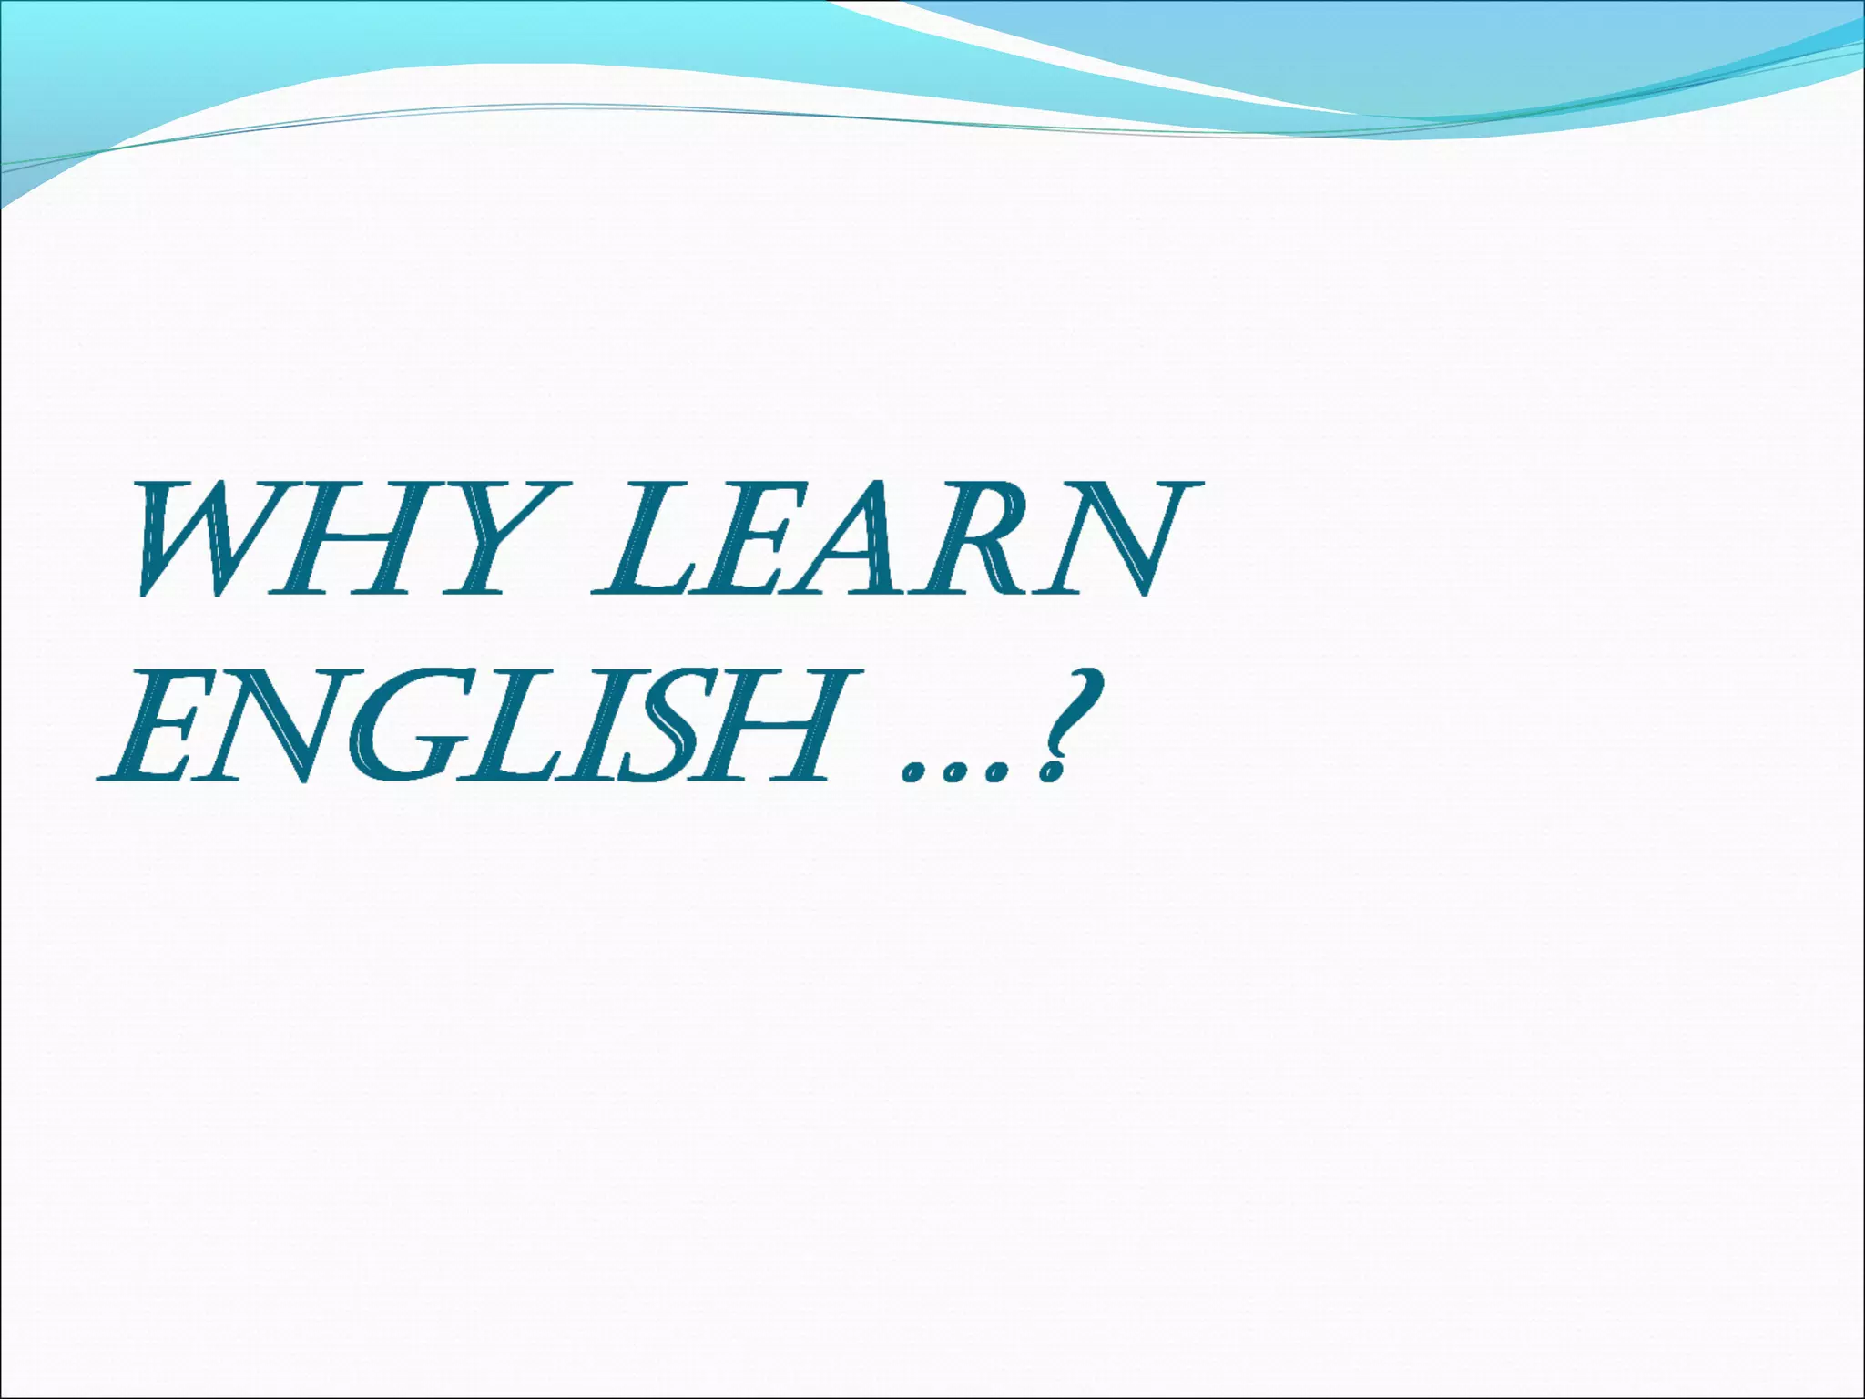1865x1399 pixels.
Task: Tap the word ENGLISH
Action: click(469, 726)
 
